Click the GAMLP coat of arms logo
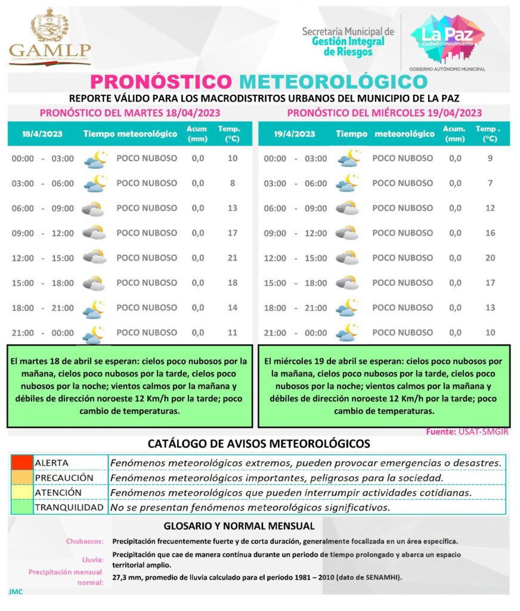point(50,26)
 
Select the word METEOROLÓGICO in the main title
point(333,82)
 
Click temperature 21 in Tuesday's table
point(233,258)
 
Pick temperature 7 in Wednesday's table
point(490,183)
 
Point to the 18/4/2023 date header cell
point(42,134)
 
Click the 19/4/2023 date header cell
point(295,134)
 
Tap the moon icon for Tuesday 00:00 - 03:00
point(95,159)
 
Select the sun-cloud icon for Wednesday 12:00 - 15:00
point(346,258)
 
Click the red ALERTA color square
point(22,462)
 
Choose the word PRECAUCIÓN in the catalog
point(64,478)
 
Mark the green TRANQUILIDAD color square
point(22,508)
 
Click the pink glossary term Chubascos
point(85,542)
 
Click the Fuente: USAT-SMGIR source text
point(468,431)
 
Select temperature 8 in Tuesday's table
point(233,183)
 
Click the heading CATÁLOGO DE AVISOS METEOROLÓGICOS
point(259,444)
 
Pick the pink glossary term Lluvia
point(93,560)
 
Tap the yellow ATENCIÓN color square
point(22,493)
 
